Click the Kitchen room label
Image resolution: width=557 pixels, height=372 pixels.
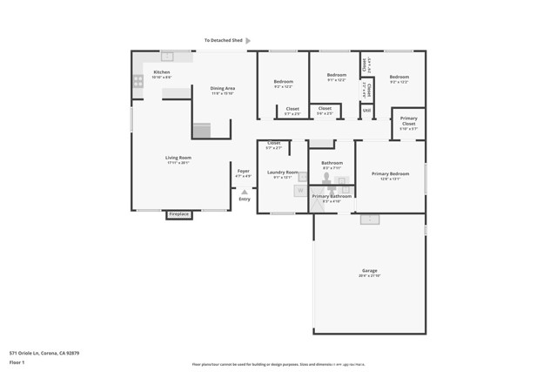(x=162, y=72)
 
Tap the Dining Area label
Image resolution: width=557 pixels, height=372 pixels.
(x=222, y=88)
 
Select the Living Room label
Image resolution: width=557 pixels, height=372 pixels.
(x=178, y=158)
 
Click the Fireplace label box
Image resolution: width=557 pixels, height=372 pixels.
(x=178, y=214)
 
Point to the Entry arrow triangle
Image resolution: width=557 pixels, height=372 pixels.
(x=245, y=192)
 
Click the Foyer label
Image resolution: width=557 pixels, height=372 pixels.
(x=244, y=171)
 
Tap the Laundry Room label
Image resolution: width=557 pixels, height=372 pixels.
(x=282, y=172)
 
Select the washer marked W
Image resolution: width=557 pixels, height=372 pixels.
(x=299, y=191)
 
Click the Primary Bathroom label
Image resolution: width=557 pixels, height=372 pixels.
(x=332, y=196)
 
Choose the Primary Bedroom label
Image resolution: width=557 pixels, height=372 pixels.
(x=391, y=174)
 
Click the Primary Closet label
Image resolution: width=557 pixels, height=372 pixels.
(x=408, y=121)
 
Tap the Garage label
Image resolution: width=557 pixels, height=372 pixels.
(x=370, y=271)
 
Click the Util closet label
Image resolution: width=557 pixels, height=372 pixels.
(x=367, y=111)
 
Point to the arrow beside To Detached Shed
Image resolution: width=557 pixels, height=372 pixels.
(x=248, y=40)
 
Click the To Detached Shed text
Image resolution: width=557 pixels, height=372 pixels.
(x=223, y=40)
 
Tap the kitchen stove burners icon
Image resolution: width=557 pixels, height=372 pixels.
(x=138, y=81)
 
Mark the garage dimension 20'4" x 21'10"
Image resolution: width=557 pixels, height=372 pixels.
(x=370, y=276)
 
